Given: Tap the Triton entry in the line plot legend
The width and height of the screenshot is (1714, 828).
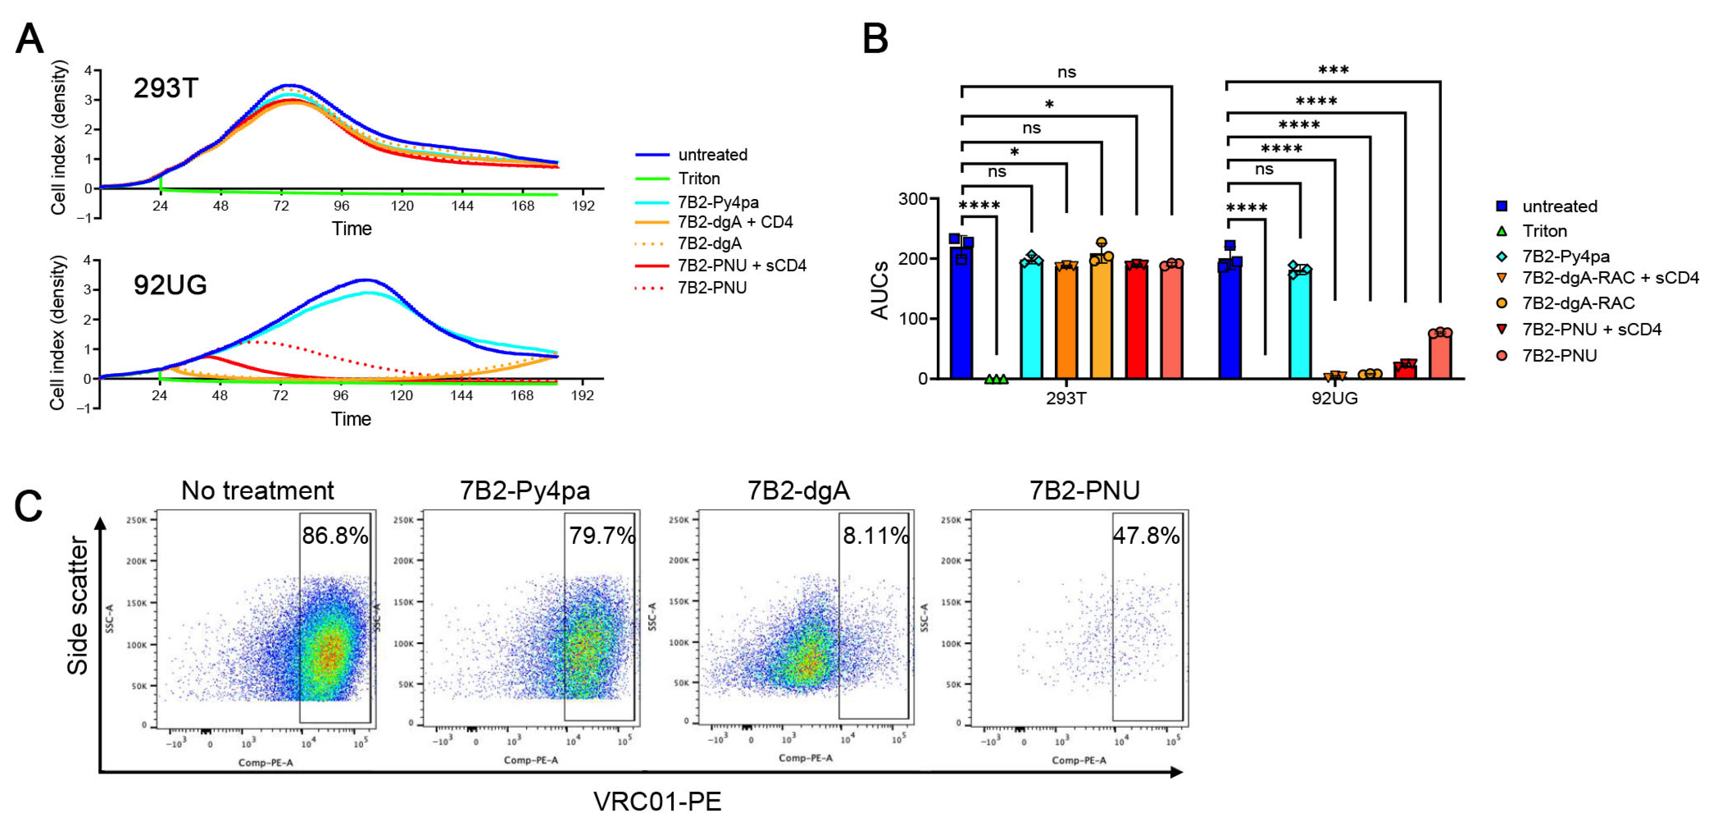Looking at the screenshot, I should pos(698,178).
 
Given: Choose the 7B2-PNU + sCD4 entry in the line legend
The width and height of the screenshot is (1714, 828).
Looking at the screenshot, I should pos(741,266).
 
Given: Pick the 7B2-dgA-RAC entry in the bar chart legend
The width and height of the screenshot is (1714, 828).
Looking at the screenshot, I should pos(1578,304).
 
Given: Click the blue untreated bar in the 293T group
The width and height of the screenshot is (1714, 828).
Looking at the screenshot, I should pos(961,313).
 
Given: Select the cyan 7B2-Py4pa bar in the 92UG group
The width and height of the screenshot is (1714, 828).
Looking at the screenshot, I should pos(1299,326).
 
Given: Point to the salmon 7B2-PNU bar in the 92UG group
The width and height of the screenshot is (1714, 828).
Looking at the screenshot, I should pos(1440,356).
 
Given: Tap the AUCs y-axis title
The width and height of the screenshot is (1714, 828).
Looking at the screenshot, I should pos(880,290).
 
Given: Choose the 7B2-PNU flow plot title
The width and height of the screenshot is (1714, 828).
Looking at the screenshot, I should pos(1084,491).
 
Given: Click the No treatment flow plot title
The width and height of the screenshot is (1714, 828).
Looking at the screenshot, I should pos(258,491).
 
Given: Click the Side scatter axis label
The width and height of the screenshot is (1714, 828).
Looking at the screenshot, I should pos(78,606).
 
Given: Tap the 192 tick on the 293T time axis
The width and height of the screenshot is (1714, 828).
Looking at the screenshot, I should pos(583,206).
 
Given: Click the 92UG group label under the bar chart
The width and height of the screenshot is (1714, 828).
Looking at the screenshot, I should pos(1334,399).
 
